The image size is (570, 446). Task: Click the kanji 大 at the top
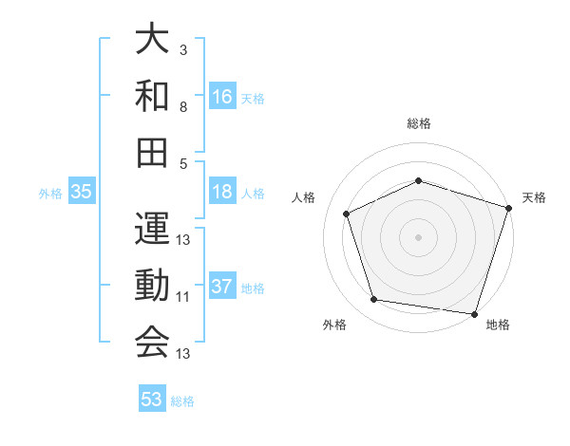(x=152, y=42)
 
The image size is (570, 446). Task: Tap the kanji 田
(x=152, y=152)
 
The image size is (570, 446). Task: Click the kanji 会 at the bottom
(x=152, y=342)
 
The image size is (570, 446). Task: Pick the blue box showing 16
(x=222, y=97)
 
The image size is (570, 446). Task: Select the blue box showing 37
(x=222, y=288)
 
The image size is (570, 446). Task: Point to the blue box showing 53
(x=152, y=400)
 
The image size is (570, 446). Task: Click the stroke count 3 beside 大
(x=183, y=48)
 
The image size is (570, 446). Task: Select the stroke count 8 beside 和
(x=183, y=107)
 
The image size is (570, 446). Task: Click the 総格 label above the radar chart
(x=419, y=123)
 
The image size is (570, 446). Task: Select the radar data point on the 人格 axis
(x=347, y=214)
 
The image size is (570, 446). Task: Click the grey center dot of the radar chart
(x=419, y=236)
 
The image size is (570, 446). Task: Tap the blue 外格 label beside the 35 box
(x=50, y=194)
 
